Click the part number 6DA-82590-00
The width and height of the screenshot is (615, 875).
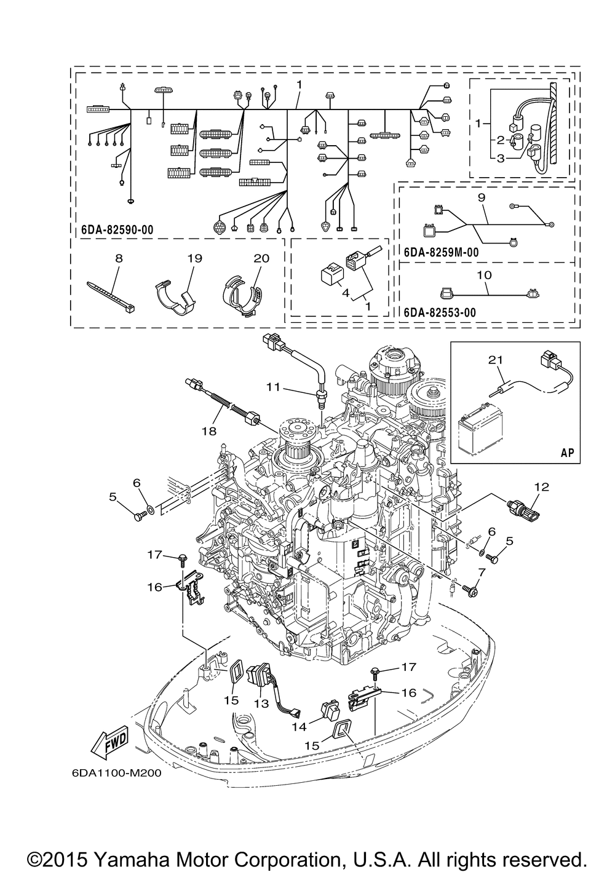(x=117, y=230)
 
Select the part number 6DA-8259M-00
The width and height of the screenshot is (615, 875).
(x=441, y=252)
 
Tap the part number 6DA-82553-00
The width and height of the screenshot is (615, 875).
(x=440, y=312)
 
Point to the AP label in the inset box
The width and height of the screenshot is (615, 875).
(x=567, y=453)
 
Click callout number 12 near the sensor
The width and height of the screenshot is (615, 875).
(x=542, y=487)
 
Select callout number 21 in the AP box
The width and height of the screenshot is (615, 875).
(x=496, y=359)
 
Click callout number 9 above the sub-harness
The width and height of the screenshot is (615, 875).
(x=481, y=197)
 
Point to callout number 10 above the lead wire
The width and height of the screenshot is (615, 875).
(x=484, y=275)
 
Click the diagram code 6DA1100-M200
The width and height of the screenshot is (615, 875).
(x=116, y=773)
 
